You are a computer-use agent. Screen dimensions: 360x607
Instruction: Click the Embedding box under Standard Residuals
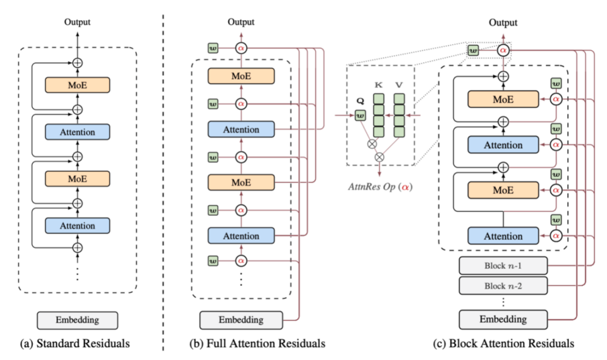click(78, 320)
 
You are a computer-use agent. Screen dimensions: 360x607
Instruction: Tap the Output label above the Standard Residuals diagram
click(78, 22)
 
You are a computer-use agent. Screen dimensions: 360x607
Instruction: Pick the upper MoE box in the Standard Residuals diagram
click(78, 84)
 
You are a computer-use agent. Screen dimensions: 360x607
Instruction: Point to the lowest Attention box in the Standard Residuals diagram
click(78, 225)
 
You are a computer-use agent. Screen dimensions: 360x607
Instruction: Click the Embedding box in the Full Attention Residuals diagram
click(241, 320)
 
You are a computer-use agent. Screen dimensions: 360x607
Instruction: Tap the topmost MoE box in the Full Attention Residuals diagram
click(241, 76)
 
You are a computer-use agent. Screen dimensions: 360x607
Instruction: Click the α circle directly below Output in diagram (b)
click(241, 49)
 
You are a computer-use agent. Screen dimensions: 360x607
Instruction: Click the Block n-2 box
click(503, 286)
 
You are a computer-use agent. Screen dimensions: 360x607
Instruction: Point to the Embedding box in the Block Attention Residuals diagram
click(503, 319)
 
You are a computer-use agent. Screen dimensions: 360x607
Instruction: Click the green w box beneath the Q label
click(360, 116)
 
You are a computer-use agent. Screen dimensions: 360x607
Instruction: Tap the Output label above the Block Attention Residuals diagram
click(503, 22)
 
